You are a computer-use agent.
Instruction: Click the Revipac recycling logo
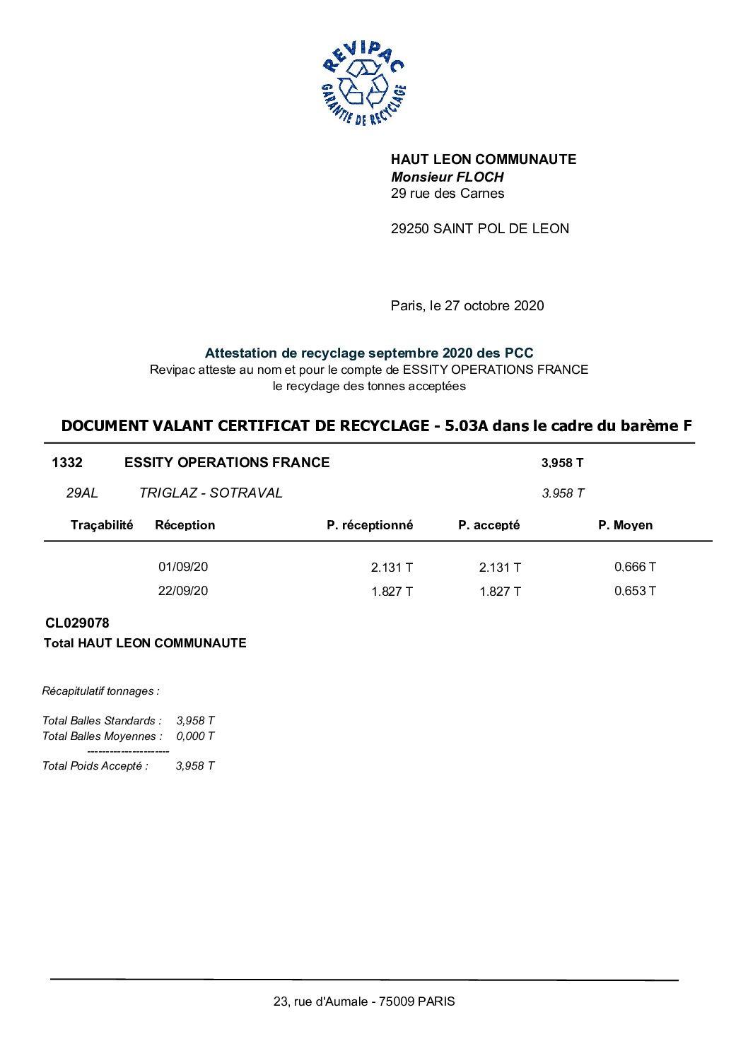[x=363, y=83]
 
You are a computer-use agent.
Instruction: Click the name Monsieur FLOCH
[x=447, y=177]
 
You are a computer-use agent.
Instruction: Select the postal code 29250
[x=410, y=228]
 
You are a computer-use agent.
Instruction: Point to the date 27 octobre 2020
[x=494, y=305]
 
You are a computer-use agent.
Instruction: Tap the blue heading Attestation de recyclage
[x=368, y=353]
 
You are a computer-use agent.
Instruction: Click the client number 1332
[x=67, y=462]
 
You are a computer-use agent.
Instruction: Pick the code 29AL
[x=82, y=493]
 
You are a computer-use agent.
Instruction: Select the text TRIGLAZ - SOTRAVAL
[x=211, y=493]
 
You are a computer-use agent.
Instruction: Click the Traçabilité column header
[x=102, y=524]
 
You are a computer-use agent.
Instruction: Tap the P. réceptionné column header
[x=370, y=525]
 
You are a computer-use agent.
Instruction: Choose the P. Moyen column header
[x=625, y=525]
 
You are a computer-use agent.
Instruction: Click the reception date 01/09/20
[x=183, y=567]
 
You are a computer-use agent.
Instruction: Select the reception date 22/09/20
[x=183, y=591]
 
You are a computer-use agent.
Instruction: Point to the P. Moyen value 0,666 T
[x=635, y=567]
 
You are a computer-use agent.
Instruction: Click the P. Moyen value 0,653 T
[x=635, y=591]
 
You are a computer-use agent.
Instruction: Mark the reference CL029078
[x=77, y=623]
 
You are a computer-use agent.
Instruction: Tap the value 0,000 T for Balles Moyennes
[x=195, y=736]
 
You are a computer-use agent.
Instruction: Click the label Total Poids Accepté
[x=95, y=765]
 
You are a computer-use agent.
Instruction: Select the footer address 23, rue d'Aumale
[x=364, y=1001]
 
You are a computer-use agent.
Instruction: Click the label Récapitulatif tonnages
[x=101, y=690]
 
